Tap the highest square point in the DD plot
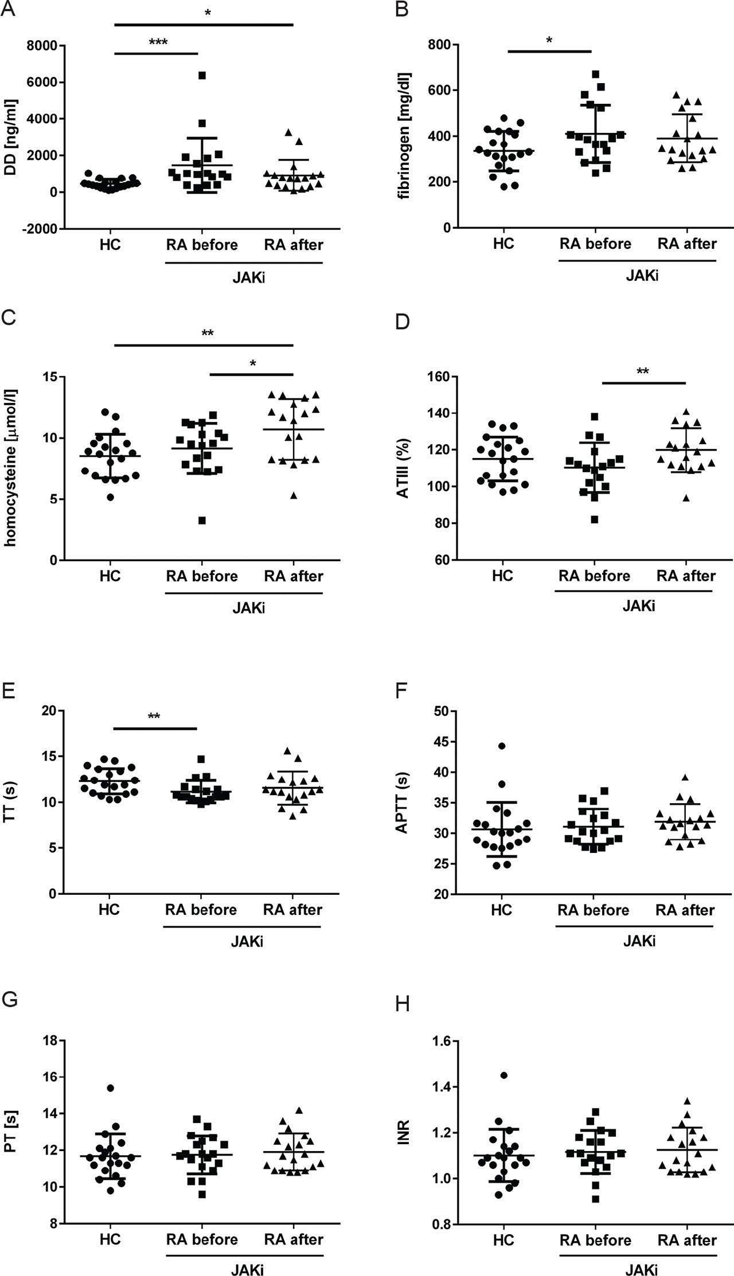coord(202,75)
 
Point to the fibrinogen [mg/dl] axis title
coord(405,136)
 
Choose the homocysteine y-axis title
coord(11,467)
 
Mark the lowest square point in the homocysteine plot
coord(202,520)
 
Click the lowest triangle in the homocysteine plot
coord(294,495)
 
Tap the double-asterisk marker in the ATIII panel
coord(643,371)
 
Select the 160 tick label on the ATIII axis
coord(438,377)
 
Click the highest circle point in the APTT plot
coord(502,746)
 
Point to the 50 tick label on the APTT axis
coord(441,711)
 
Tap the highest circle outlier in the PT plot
coord(111,1088)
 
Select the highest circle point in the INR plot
coord(503,1075)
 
